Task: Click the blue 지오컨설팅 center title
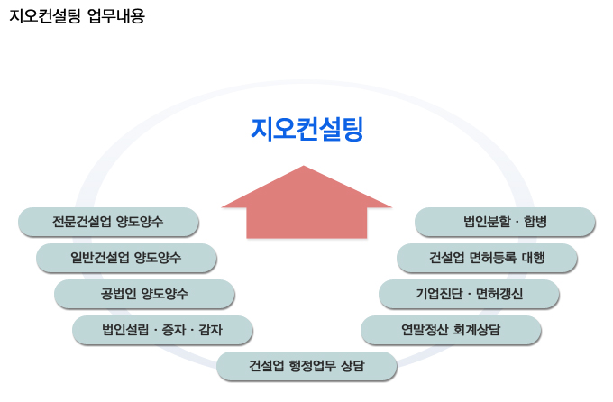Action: [306, 129]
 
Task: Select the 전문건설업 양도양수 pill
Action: [108, 222]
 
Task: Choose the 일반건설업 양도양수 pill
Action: [126, 258]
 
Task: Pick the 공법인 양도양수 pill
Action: [144, 294]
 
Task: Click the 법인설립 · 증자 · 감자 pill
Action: [162, 330]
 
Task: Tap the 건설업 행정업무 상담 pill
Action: [306, 366]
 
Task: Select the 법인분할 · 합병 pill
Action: [505, 222]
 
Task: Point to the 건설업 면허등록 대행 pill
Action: [487, 258]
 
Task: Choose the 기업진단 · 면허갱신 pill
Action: [469, 294]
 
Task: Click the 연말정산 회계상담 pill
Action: [451, 330]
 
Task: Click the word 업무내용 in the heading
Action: [116, 16]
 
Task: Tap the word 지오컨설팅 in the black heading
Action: [45, 16]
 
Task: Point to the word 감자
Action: [210, 330]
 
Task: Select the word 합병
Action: [535, 222]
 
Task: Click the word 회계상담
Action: [477, 330]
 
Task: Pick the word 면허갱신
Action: [499, 294]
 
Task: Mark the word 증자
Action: [174, 330]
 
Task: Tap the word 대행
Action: [534, 258]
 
